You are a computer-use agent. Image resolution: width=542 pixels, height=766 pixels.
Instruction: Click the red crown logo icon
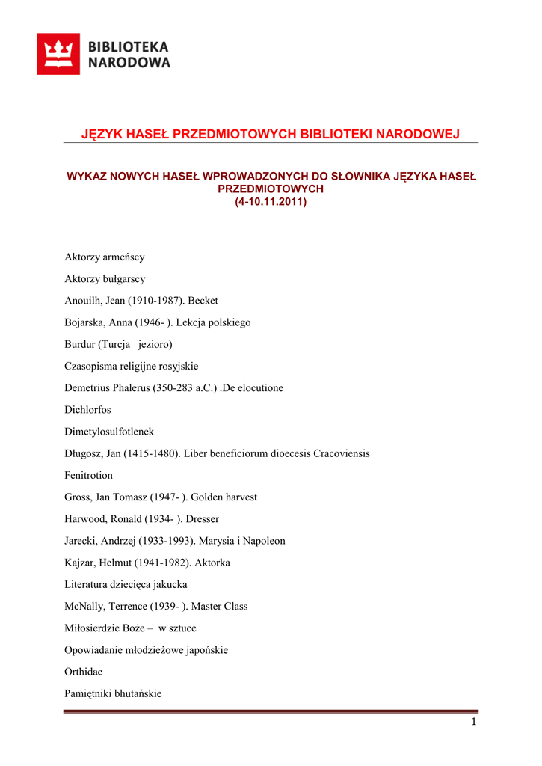click(58, 54)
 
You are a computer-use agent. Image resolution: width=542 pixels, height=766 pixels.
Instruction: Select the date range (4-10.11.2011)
click(271, 202)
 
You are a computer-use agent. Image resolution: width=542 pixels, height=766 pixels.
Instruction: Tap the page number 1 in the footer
click(472, 722)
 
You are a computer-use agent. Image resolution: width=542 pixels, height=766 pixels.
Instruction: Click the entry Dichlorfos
click(87, 410)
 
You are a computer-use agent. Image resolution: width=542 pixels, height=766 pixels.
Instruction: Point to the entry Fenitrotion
click(88, 475)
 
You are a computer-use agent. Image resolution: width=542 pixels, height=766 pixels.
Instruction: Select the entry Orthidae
click(84, 672)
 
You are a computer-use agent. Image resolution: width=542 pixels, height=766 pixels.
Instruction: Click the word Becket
click(203, 301)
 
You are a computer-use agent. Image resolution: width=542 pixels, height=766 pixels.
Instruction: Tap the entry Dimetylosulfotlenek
click(109, 432)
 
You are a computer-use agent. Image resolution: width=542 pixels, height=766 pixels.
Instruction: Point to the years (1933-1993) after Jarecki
click(165, 541)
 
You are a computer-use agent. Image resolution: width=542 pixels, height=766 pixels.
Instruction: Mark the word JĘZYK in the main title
click(101, 134)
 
